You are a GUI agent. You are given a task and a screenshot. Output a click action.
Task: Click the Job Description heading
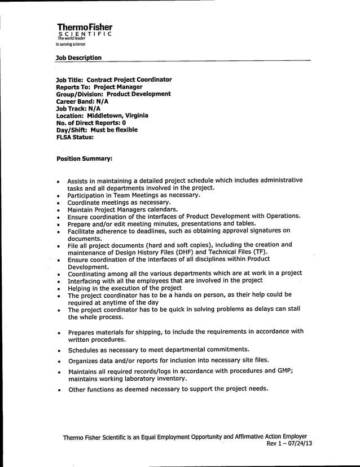78,58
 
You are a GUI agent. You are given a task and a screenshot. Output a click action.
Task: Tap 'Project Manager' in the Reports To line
118,87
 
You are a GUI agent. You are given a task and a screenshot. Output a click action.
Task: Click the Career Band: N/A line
82,102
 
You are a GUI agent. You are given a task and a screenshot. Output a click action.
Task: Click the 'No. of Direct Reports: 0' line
91,122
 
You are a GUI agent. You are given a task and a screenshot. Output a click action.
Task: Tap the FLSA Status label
74,137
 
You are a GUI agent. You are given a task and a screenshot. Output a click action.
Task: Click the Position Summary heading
84,159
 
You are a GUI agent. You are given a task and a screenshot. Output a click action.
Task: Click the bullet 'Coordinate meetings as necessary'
119,202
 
